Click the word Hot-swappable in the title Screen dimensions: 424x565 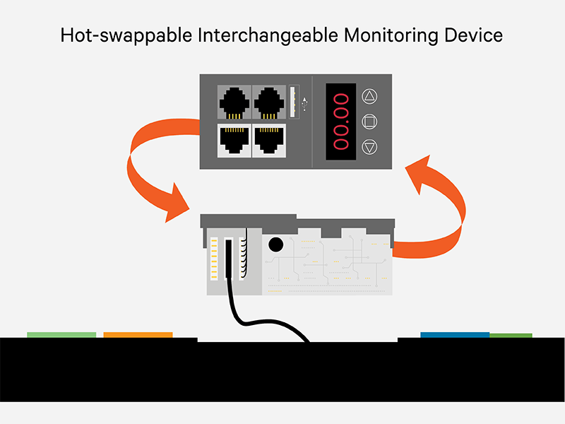pos(117,35)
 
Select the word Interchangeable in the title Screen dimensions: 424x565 pos(247,35)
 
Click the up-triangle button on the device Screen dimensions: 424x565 pos(369,97)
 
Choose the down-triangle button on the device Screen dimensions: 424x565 pos(369,146)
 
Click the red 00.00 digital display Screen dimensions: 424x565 pos(343,121)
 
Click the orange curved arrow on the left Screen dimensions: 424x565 pos(150,170)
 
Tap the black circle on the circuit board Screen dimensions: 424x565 pos(275,245)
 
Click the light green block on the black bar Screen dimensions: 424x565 pos(61,335)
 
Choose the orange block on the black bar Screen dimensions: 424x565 pos(138,335)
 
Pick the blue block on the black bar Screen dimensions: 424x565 pos(455,335)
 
